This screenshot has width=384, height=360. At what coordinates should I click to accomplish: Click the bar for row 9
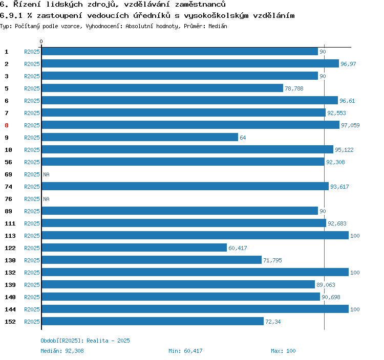point(140,137)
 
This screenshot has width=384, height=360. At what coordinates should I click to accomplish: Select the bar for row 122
point(134,247)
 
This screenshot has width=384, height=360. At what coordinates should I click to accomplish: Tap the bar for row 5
point(162,88)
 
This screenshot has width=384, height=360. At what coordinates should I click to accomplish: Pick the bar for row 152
point(153,321)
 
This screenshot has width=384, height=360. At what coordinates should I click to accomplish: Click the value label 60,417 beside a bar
point(238,248)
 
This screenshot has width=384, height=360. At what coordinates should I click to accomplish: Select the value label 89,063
point(326,285)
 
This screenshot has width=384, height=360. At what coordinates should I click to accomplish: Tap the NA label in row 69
point(46,174)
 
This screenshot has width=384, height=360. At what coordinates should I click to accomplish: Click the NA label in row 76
point(46,199)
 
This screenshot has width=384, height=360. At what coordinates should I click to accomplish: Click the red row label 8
point(7,125)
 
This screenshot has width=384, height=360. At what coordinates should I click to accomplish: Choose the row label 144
point(10,309)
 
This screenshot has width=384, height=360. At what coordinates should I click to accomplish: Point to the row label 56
point(8,162)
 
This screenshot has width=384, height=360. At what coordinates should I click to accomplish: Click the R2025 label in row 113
point(32,236)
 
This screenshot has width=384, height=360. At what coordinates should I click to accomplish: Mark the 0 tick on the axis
point(41,41)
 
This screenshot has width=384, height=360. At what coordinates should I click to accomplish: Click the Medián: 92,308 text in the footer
point(62,351)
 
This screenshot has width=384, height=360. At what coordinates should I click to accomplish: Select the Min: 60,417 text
point(185,351)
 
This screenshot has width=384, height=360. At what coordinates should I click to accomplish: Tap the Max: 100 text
point(283,351)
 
